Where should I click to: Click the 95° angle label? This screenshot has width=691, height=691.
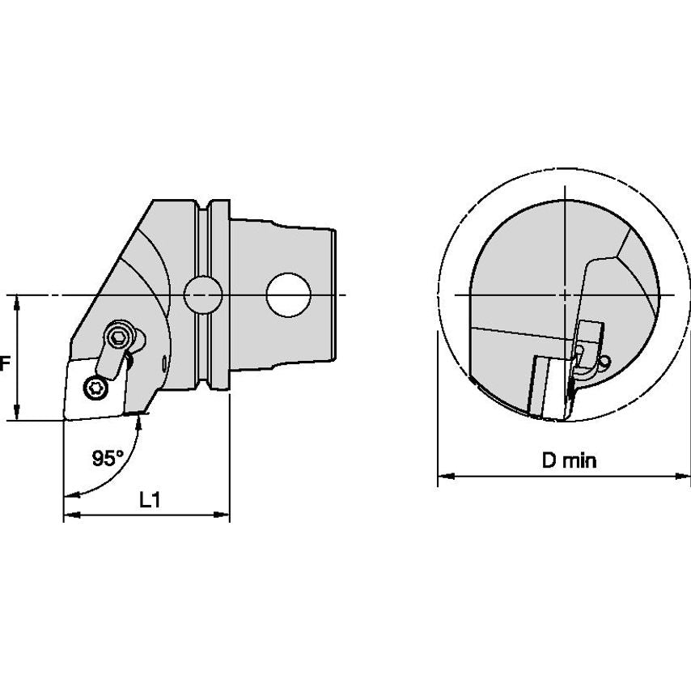pos(108,458)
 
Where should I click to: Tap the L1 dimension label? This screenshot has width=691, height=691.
pos(150,500)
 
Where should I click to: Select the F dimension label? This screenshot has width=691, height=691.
pos(4,364)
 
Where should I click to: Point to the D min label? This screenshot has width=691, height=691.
pos(569,460)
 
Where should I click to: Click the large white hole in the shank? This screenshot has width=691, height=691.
pos(289,295)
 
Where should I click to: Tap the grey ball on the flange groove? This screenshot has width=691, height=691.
pos(203,295)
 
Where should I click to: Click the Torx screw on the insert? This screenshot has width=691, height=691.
pos(95,388)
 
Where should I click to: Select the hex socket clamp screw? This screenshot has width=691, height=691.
pos(117,337)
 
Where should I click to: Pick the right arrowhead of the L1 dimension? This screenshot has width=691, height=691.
pos(222,515)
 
